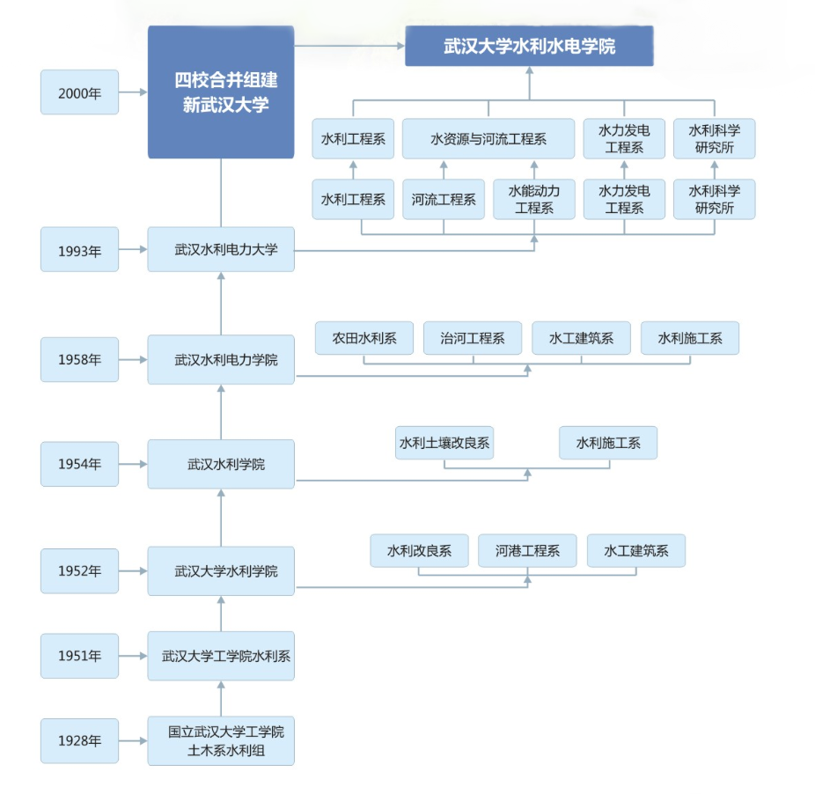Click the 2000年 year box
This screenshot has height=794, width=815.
[x=79, y=92]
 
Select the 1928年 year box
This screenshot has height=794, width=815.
[x=79, y=740]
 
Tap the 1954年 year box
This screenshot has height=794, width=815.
[x=79, y=464]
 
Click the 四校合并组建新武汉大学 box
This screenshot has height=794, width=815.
[x=221, y=92]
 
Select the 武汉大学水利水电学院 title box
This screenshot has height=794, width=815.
[x=529, y=47]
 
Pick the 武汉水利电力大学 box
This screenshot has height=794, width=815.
[x=221, y=249]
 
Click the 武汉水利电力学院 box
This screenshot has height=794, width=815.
[x=221, y=359]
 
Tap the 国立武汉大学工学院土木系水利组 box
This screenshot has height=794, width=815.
[x=221, y=741]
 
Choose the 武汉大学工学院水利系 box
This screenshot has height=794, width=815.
[x=221, y=656]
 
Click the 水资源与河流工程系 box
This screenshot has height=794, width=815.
[x=488, y=139]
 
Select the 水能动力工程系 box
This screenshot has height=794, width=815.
[x=533, y=200]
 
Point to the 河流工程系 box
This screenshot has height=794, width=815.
[x=443, y=200]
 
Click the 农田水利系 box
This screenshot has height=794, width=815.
[x=364, y=338]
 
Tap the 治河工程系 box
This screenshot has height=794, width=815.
[x=473, y=338]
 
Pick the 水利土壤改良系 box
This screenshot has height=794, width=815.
[x=444, y=443]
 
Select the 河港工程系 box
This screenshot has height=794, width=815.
[x=527, y=551]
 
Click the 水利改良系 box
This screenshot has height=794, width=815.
[x=419, y=551]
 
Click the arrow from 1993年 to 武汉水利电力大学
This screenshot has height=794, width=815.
[x=133, y=249]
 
